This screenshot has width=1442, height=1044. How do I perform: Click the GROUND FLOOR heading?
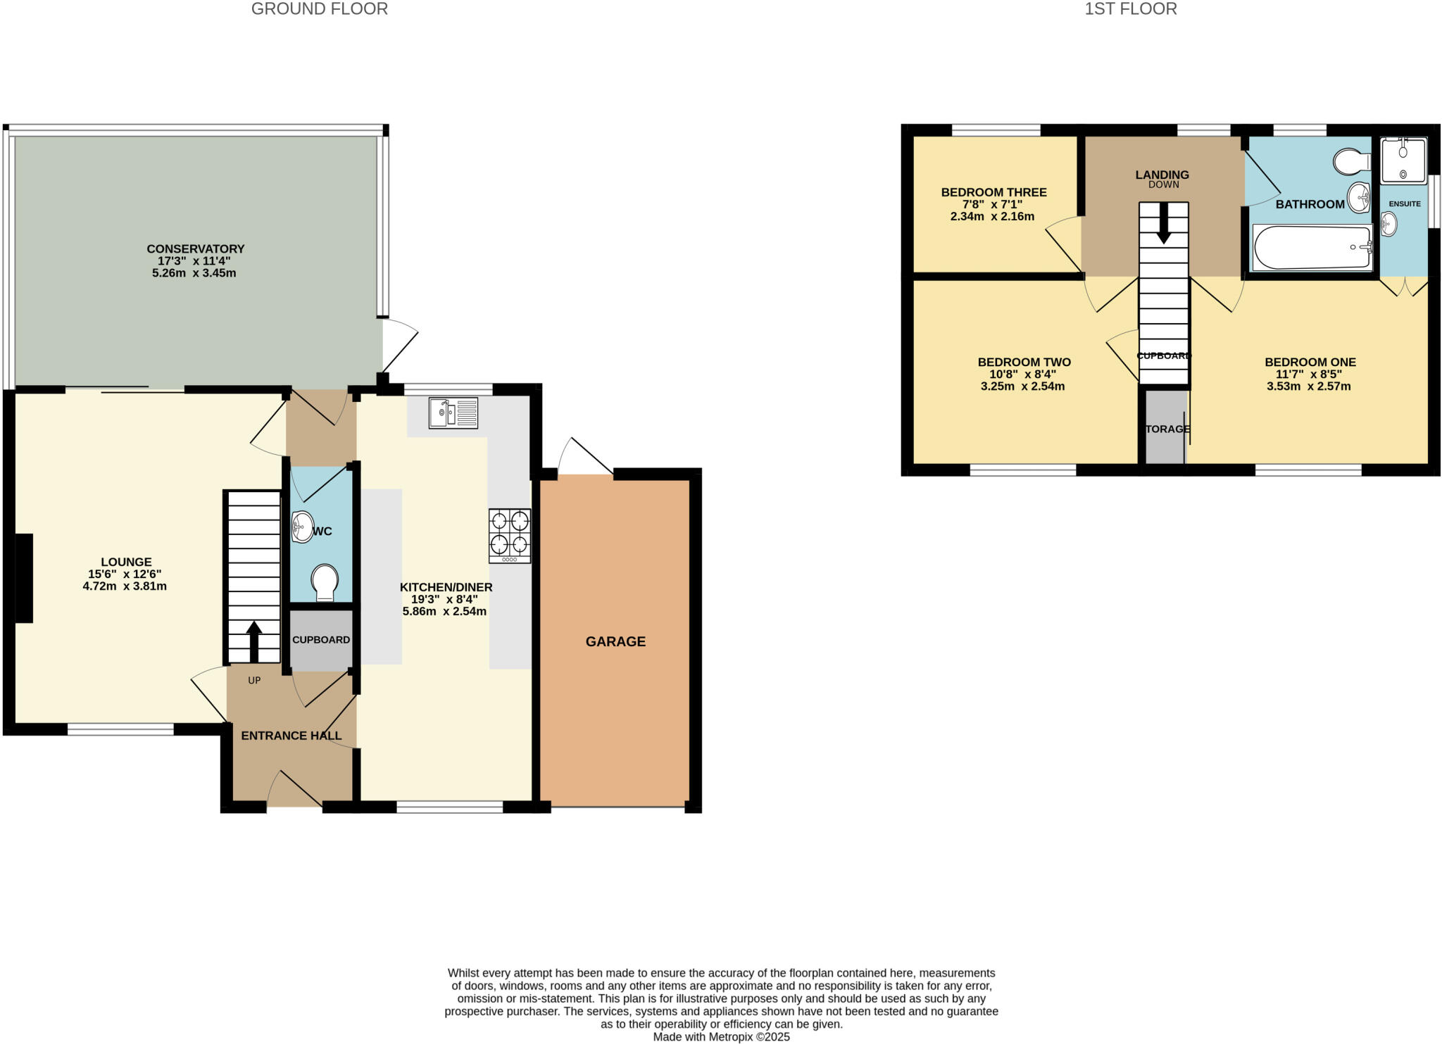coord(319,9)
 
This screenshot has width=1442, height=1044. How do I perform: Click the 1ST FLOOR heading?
coord(1130,9)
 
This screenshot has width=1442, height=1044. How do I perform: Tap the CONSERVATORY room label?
coord(195,249)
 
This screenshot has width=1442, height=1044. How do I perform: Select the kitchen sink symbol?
coord(453,413)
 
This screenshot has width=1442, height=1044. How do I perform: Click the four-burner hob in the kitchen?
coord(510,536)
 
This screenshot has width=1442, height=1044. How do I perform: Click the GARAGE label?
coord(615,641)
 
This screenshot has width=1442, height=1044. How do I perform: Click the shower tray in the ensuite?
coord(1403,161)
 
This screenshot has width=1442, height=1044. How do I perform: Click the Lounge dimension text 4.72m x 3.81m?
coord(125,586)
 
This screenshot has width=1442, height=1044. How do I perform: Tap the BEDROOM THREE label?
coord(993,192)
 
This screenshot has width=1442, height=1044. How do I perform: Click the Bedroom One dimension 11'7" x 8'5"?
coord(1310,375)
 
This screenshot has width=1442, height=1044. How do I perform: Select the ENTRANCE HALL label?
coord(291,736)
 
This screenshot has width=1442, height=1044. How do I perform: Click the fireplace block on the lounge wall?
coord(24,578)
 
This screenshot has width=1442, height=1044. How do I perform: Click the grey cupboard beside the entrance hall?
coord(321,640)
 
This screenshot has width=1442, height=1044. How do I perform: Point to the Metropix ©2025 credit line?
coord(721,1037)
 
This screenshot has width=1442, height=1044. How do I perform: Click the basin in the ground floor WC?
coord(302,526)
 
